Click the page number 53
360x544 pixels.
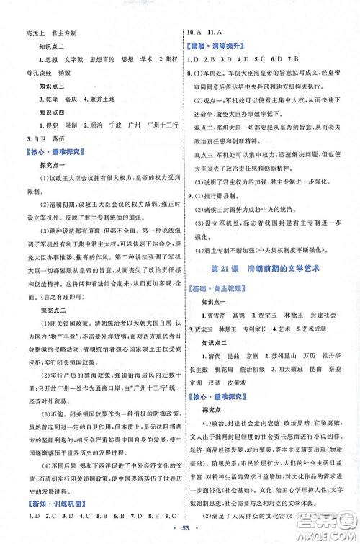[x=180, y=532]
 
